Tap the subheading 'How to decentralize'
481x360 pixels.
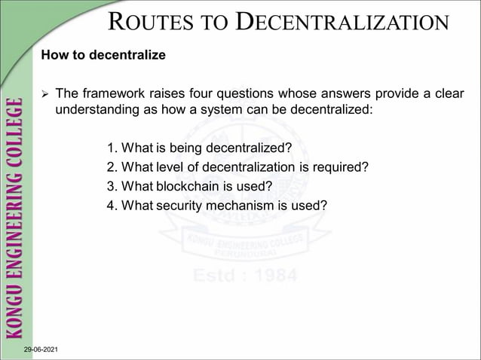(x=103, y=56)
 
